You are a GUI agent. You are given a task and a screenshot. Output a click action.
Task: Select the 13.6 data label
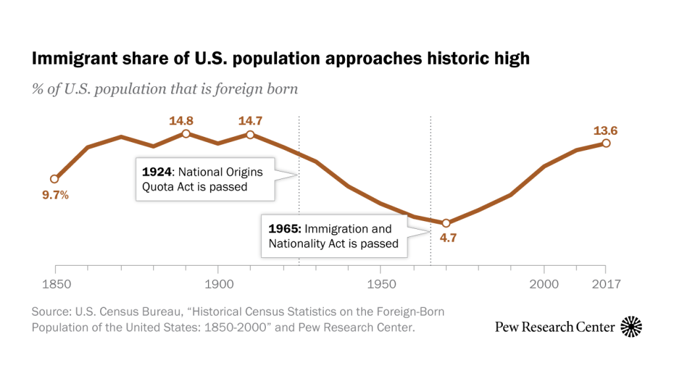tap(606, 131)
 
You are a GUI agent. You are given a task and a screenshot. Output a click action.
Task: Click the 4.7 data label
tap(448, 238)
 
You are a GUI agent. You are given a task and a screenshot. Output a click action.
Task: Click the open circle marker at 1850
tap(55, 179)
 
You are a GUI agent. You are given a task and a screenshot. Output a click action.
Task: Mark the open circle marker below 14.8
tap(186, 134)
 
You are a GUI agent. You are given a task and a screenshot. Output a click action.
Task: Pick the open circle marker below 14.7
tap(250, 135)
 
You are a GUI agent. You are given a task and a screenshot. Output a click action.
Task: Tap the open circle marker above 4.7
tap(446, 223)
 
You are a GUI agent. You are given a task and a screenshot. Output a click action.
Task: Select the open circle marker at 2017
tap(606, 143)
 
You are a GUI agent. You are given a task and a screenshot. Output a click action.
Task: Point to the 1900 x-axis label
tap(218, 284)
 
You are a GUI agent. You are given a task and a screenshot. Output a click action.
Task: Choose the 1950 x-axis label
tap(380, 284)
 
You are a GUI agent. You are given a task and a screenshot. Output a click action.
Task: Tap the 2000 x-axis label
tap(544, 284)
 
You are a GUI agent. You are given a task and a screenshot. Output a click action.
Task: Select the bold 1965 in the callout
tap(284, 229)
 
